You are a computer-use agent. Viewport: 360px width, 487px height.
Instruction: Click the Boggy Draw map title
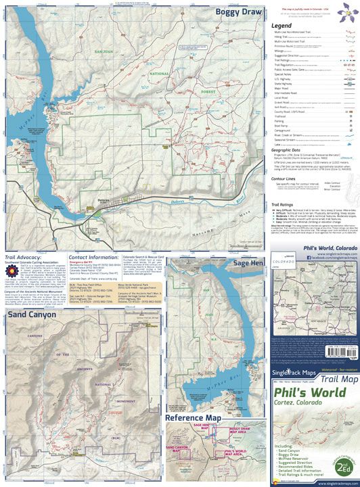pyautogui.click(x=231, y=11)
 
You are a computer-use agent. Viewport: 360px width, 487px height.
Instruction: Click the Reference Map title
pyautogui.click(x=194, y=418)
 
